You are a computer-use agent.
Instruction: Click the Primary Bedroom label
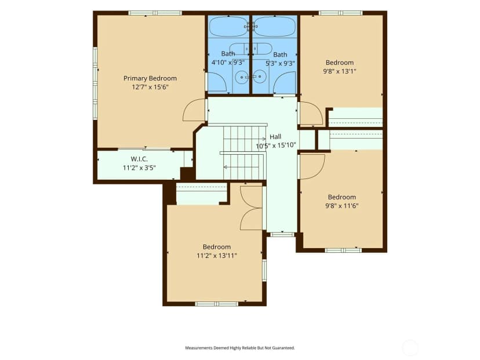tap(150, 78)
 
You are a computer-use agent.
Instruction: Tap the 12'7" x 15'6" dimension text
tap(150, 87)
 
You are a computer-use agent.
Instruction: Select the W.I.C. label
tap(139, 159)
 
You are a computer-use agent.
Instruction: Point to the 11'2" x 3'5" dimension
tap(139, 168)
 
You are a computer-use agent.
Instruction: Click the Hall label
tap(275, 137)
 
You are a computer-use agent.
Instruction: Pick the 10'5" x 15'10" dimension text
tap(276, 146)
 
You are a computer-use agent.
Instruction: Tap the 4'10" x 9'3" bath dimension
tap(228, 63)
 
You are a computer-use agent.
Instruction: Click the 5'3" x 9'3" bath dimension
tap(280, 63)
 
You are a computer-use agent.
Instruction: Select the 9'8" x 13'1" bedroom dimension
tap(340, 71)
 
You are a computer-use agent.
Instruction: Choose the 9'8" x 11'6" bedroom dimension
tap(341, 206)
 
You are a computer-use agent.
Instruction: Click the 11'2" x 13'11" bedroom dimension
tap(217, 256)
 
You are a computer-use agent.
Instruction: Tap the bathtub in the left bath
tap(228, 26)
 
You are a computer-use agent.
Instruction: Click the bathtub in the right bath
tap(275, 26)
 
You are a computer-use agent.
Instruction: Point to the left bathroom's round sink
tap(242, 77)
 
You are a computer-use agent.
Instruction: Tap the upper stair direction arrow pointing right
tap(244, 139)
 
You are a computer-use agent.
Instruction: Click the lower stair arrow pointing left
tap(243, 167)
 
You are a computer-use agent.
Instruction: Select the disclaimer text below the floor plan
tap(240, 348)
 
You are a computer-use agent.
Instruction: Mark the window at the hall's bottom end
tap(282, 235)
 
